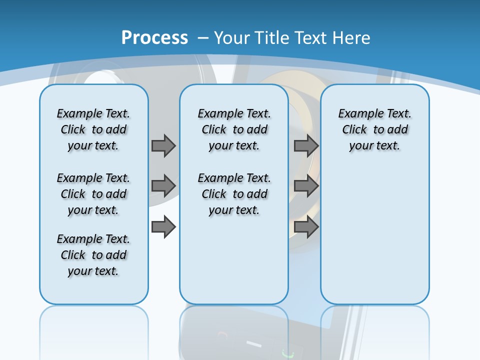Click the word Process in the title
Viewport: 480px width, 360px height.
coord(154,38)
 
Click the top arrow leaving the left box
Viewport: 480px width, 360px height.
coord(163,145)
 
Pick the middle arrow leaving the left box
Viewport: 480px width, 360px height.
coord(163,186)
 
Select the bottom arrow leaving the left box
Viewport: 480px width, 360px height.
coord(163,227)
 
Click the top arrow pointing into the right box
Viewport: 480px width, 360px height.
coord(306,145)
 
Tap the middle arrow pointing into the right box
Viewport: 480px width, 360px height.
coord(306,186)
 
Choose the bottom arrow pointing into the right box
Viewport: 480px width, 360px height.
coord(306,227)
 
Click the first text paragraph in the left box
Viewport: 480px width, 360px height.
coord(93,129)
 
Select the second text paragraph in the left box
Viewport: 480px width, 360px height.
coord(93,194)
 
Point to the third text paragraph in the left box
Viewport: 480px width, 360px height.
coord(93,255)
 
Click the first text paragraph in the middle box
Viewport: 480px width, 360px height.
coord(234,129)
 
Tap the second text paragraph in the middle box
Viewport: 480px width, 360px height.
coord(234,194)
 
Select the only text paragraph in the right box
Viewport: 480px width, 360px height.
coord(375,129)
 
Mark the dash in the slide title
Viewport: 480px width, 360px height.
coord(203,38)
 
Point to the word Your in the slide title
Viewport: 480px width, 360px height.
coord(231,38)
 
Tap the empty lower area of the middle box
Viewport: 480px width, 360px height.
coord(234,260)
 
